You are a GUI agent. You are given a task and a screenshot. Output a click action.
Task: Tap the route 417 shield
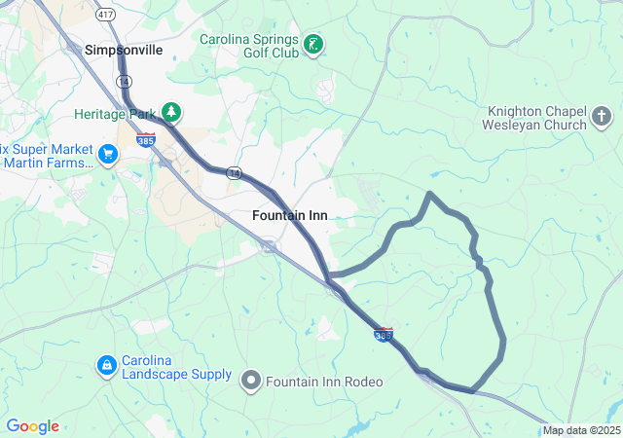point(104,15)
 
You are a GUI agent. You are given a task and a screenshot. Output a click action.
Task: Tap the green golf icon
point(313,44)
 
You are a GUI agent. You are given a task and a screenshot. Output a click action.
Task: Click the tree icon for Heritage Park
point(171,113)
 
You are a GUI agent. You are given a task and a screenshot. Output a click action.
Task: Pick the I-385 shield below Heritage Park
point(146,140)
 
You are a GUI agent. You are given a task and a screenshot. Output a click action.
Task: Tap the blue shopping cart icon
point(107,154)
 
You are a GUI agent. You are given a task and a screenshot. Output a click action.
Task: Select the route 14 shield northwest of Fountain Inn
point(234,172)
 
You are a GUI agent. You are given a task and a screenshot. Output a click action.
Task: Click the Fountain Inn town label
point(289,215)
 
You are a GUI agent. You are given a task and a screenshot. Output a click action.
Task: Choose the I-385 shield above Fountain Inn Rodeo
point(384,335)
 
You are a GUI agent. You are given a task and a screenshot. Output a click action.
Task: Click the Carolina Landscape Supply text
point(176,367)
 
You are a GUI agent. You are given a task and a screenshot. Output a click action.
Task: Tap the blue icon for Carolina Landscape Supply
point(105,366)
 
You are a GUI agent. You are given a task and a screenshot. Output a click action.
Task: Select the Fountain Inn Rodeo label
point(324,382)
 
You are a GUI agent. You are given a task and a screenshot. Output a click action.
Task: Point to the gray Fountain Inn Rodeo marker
point(251,381)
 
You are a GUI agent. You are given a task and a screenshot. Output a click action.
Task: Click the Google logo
point(32,426)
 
